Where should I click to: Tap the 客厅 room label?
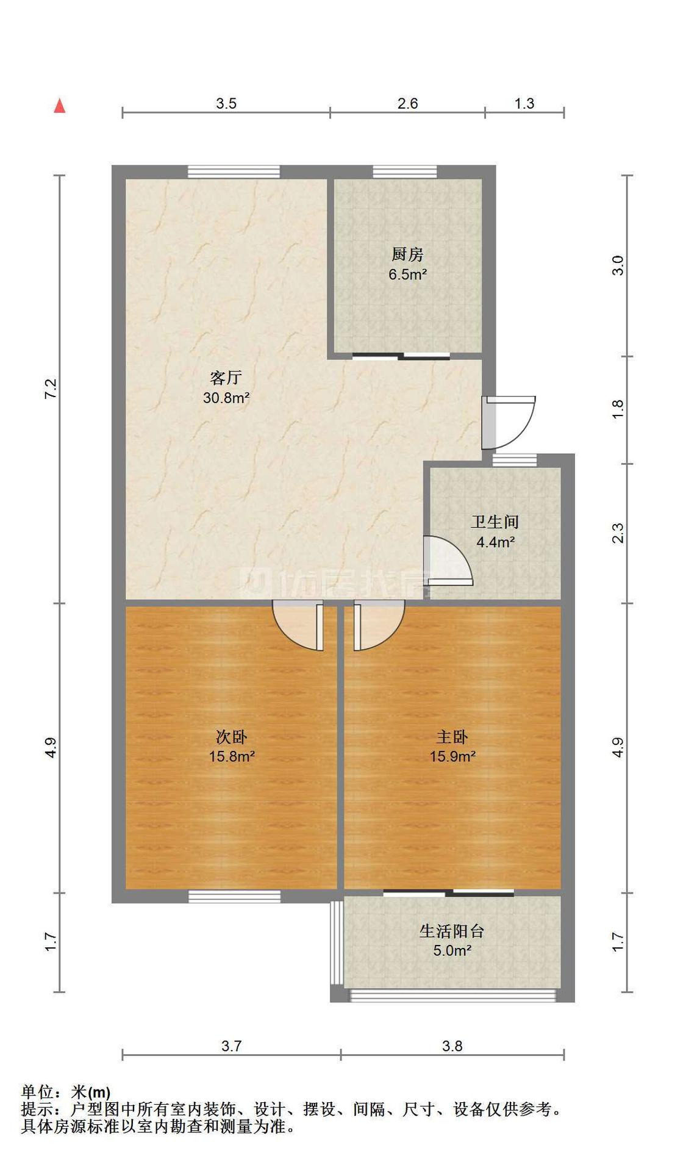[x=226, y=378]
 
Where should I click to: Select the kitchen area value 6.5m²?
[x=407, y=274]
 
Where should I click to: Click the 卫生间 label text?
[x=495, y=522]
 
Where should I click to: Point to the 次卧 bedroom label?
[x=232, y=737]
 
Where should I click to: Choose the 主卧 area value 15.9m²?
[x=452, y=756]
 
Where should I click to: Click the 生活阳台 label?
[x=452, y=931]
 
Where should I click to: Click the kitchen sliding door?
[x=401, y=356]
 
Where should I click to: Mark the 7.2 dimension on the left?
[x=51, y=389]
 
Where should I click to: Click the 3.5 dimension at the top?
[x=226, y=103]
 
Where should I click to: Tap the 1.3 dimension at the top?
[x=524, y=103]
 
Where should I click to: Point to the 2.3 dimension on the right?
[x=618, y=533]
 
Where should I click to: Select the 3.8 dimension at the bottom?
[x=452, y=1046]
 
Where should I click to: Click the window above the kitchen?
[x=404, y=171]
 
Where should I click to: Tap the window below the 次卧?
[x=234, y=896]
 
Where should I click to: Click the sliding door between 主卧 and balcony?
[x=448, y=893]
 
